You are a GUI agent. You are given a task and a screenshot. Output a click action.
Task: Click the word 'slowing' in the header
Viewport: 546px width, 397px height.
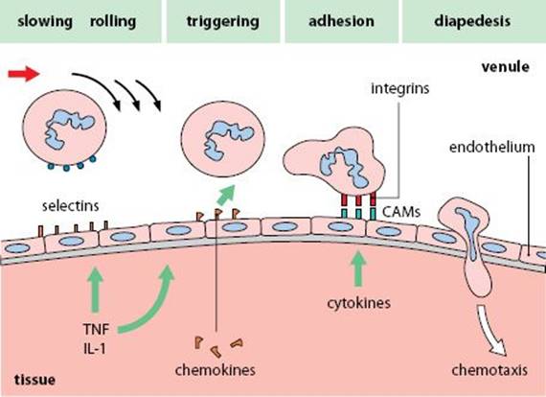(x=45, y=22)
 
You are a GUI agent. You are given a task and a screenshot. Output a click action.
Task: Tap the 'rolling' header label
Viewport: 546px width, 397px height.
(x=113, y=22)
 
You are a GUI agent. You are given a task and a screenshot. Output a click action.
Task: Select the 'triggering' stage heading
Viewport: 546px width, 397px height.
(x=223, y=22)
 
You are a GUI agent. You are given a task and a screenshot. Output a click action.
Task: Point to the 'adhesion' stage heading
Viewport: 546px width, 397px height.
(x=342, y=21)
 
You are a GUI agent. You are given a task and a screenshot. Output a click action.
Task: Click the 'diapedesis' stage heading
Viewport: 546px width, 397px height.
(x=472, y=22)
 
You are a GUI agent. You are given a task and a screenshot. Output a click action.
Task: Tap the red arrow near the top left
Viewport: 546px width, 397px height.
(x=24, y=74)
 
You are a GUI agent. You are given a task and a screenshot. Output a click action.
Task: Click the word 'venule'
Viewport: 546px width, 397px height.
(x=506, y=66)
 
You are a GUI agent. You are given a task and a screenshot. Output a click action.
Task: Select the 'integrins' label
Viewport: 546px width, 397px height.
(x=400, y=88)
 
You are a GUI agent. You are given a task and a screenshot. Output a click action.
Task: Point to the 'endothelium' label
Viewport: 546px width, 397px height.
(x=492, y=147)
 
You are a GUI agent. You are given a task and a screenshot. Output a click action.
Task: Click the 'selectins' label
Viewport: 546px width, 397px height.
(x=71, y=205)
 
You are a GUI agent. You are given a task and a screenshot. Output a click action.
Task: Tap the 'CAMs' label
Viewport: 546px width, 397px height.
(x=401, y=212)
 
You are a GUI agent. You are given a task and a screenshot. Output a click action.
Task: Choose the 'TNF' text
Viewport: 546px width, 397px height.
(x=96, y=329)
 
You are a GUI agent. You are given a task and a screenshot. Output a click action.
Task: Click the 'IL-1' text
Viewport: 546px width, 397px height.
(x=95, y=348)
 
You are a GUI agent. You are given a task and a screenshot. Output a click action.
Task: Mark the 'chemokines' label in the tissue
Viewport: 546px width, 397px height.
(x=216, y=370)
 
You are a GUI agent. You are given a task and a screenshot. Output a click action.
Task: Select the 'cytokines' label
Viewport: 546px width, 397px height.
(x=359, y=303)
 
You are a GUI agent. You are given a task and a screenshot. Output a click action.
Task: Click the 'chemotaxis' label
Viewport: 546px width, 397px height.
(x=489, y=370)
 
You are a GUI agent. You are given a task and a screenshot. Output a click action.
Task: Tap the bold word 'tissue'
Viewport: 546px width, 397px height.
(x=34, y=380)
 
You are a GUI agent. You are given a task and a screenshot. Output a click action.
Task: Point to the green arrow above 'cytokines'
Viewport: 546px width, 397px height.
(x=358, y=269)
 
